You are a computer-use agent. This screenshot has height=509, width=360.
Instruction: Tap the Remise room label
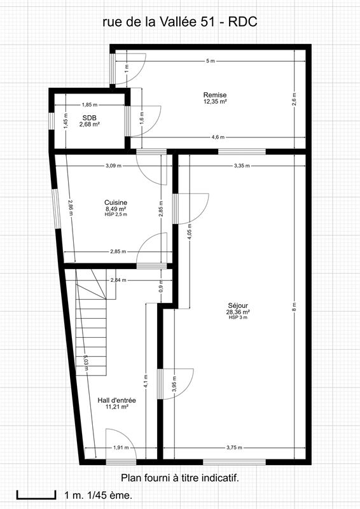(215, 95)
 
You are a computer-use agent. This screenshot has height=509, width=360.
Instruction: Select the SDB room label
(89, 118)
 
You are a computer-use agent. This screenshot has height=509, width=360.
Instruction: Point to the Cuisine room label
(116, 202)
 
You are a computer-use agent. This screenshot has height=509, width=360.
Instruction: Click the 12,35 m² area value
(215, 101)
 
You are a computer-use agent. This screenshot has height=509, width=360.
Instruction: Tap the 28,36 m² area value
(237, 312)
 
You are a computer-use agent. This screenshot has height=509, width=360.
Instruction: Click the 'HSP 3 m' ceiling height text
(237, 317)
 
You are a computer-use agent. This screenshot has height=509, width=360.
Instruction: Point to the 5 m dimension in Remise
(210, 61)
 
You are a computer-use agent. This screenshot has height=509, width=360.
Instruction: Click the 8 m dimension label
(294, 306)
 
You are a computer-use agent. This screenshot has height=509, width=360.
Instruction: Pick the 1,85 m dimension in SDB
(90, 105)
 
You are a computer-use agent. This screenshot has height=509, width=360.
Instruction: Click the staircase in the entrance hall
(91, 324)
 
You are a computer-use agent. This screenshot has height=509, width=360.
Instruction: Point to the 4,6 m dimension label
(218, 137)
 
